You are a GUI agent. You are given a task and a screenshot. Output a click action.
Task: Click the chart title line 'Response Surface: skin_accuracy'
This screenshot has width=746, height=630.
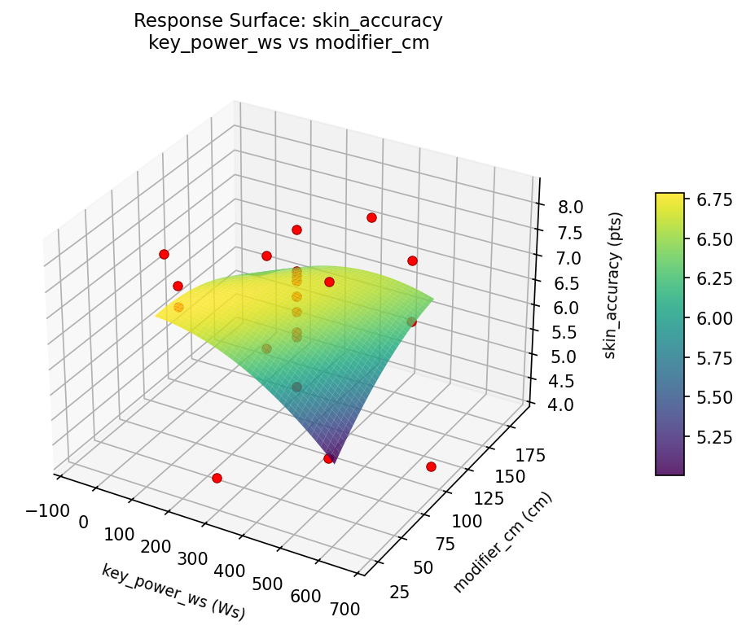click(x=289, y=20)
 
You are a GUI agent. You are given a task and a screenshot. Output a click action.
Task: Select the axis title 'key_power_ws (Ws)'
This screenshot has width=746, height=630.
click(x=173, y=592)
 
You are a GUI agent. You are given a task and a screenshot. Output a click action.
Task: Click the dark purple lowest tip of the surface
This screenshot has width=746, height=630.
click(x=334, y=461)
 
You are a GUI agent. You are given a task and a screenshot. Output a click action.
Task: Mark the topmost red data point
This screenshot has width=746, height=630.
click(x=371, y=217)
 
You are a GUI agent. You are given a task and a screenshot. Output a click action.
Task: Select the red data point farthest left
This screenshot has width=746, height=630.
click(x=164, y=254)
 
